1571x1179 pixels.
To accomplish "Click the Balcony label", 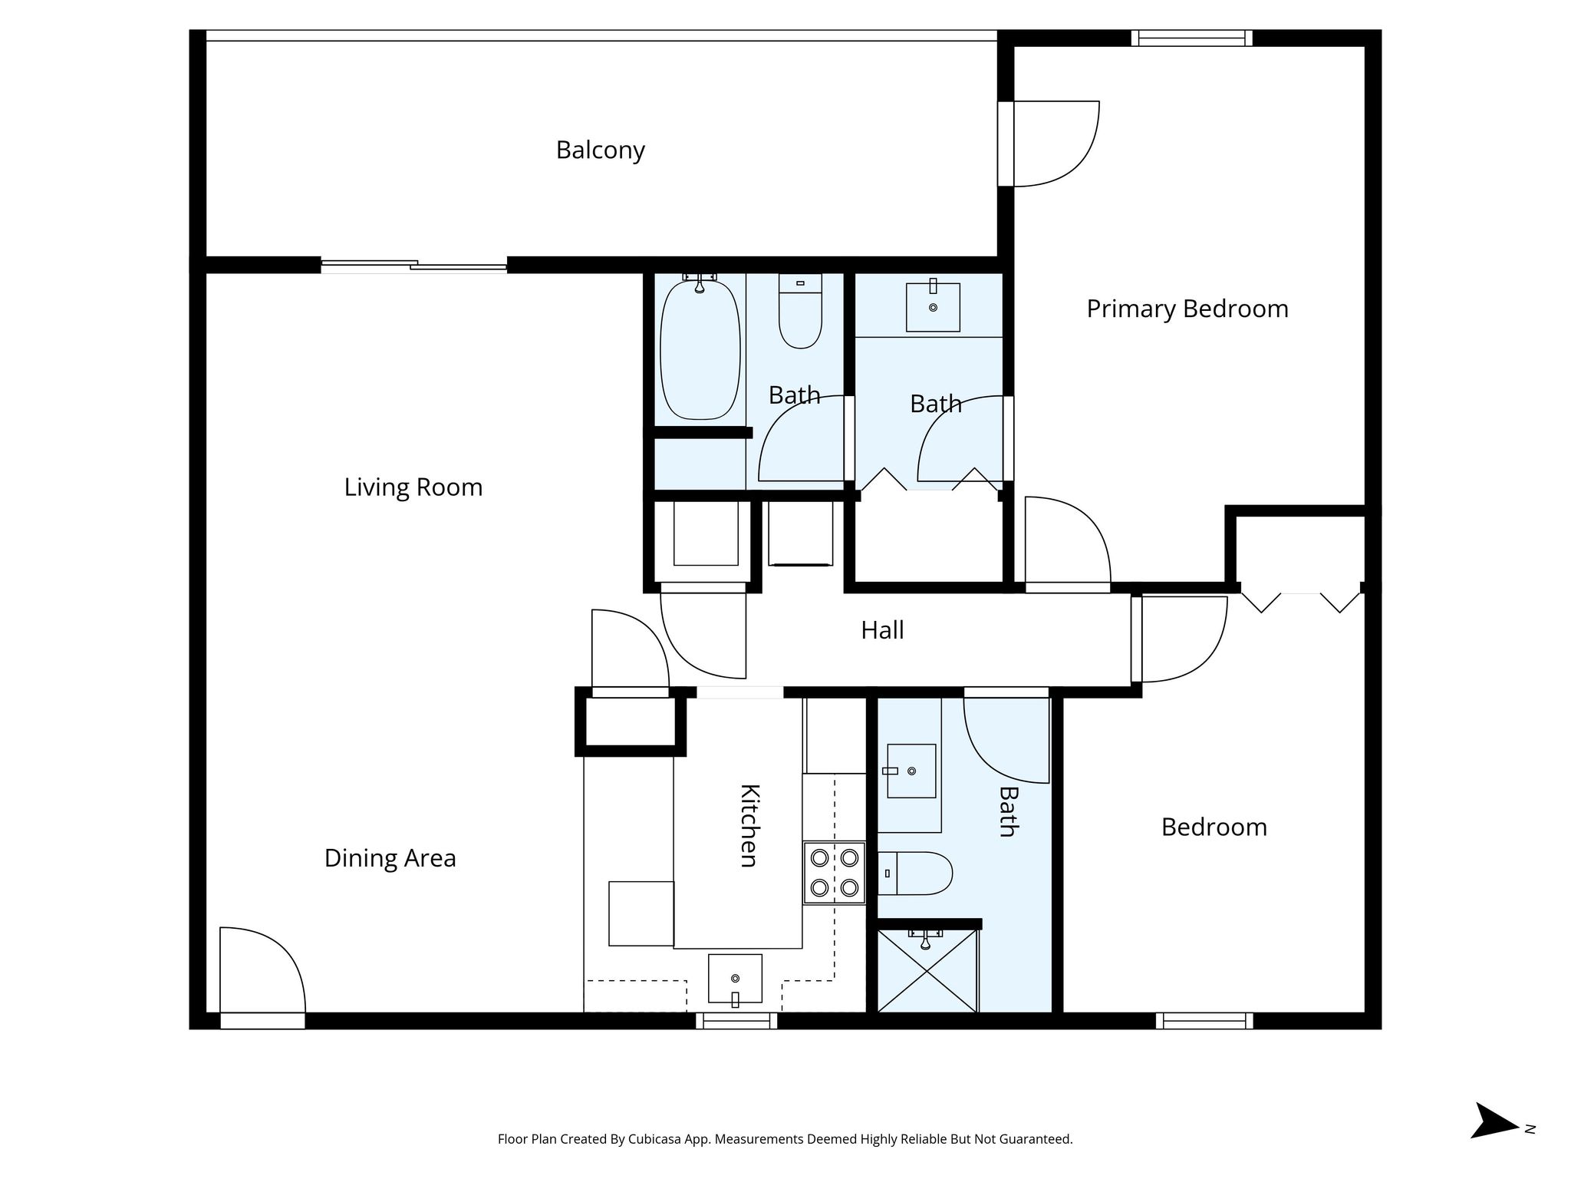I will [x=600, y=150].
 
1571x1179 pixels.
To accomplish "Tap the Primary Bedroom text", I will [x=1187, y=309].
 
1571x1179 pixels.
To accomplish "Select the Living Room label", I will [x=413, y=487].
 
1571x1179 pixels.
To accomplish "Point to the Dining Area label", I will [x=390, y=858].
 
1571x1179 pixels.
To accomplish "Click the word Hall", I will [x=881, y=630].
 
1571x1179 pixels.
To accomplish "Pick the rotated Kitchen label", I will [x=749, y=825].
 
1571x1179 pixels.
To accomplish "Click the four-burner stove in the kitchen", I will [x=834, y=872].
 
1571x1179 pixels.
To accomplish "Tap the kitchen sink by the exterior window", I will [x=735, y=979].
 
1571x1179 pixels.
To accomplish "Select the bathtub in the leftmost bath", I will [x=700, y=350].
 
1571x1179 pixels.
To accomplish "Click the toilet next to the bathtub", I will [x=800, y=312].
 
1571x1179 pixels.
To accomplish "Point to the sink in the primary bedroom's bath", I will [x=933, y=307].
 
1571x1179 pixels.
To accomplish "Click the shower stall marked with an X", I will [x=927, y=971].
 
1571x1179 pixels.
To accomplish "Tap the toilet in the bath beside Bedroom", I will [x=916, y=874].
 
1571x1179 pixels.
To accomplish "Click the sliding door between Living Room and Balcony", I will [x=414, y=266].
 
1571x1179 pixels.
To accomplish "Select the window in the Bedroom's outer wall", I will [x=1204, y=1021].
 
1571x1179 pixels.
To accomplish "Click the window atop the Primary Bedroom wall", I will [x=1191, y=38].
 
